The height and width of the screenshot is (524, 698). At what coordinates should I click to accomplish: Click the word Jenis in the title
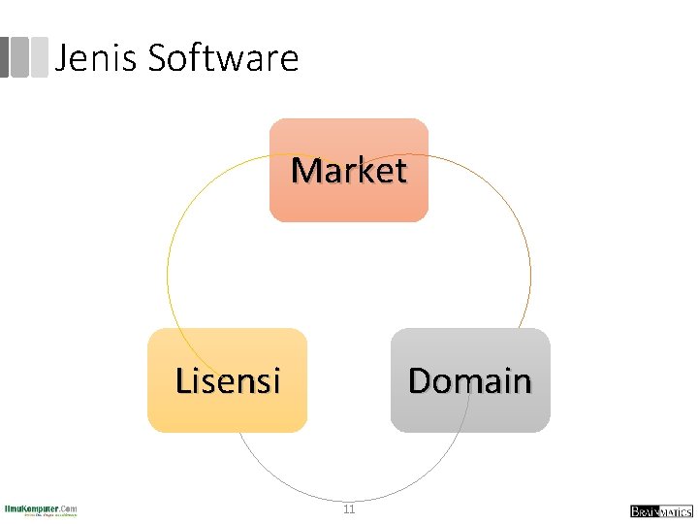pos(97,58)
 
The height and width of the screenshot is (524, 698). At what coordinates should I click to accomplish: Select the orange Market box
pos(349,171)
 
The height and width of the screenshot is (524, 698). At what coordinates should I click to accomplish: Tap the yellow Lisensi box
pos(227,380)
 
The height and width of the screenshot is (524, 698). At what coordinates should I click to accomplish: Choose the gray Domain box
pos(470,380)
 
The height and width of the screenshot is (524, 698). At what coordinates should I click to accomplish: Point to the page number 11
pos(349,509)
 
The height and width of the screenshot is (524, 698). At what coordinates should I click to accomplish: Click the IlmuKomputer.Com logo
pos(41,509)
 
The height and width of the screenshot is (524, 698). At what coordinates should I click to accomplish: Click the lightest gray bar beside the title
pos(40,56)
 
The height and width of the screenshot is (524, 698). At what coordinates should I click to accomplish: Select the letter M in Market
pos(307,171)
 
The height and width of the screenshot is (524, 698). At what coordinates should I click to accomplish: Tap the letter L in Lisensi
pos(184,380)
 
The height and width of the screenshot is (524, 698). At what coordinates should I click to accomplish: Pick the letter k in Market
pos(367,171)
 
